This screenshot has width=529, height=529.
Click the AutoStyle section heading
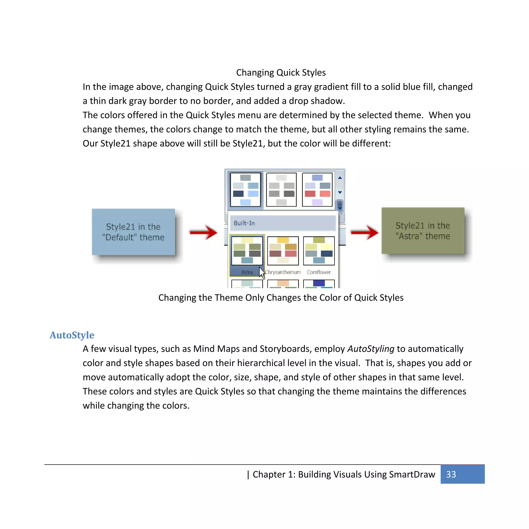[72, 335]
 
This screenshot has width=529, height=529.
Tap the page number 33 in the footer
[451, 474]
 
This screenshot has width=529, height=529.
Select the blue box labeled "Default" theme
[133, 232]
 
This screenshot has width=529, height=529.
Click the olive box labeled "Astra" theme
[423, 231]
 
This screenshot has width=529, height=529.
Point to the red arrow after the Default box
[204, 232]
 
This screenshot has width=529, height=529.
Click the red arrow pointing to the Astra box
[364, 232]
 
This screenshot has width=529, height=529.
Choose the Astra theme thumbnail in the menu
[247, 251]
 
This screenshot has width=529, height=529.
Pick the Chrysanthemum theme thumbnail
[283, 251]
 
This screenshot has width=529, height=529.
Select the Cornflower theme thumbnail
[319, 251]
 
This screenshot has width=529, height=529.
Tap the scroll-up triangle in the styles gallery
[340, 178]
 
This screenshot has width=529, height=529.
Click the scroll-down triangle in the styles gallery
[340, 192]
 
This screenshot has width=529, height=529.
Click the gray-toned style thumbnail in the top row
[281, 190]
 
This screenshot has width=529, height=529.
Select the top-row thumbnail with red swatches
[317, 190]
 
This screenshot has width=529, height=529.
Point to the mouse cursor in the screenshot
[262, 273]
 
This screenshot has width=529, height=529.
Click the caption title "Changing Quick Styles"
[281, 73]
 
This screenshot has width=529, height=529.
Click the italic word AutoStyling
[371, 349]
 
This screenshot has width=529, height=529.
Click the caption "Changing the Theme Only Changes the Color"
[281, 298]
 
